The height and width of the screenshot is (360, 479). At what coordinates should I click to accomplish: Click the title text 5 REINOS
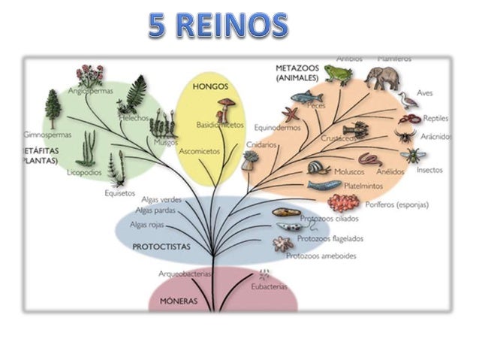217,25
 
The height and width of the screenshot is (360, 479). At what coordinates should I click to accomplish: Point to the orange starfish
291,115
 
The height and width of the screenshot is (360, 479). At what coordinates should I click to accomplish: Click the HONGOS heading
210,86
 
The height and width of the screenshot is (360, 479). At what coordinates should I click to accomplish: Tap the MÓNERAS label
179,301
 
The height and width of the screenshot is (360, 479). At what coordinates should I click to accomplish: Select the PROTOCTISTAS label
161,246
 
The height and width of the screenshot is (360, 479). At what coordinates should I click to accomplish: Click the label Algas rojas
148,225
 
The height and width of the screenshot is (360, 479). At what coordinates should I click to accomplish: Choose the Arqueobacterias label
185,274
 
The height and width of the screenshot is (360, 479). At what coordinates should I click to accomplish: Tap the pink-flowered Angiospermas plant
90,76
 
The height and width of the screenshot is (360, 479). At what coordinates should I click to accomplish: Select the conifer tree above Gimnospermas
53,109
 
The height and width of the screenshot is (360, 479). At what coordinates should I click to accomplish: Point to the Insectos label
429,170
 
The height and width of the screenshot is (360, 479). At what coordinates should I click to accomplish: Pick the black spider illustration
404,137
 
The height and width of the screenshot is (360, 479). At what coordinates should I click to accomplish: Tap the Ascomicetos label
200,151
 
